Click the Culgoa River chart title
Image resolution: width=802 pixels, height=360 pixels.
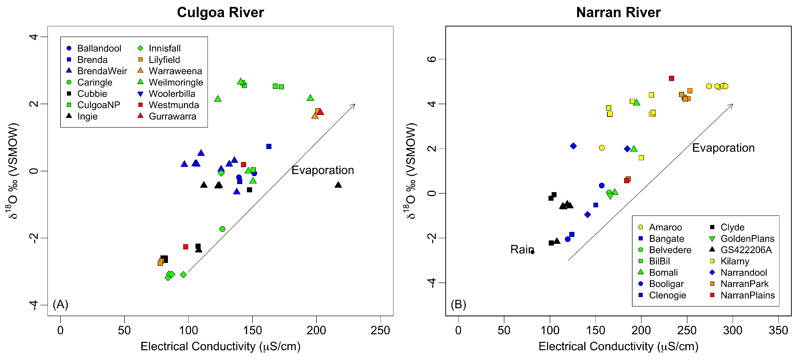tap(220, 13)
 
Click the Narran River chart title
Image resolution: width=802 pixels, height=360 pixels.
tap(618, 13)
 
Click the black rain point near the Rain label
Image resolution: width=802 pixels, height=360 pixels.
tap(532, 252)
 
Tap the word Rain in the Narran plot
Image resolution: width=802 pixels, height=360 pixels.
tap(522, 249)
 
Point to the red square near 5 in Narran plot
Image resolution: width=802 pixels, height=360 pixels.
tap(671, 78)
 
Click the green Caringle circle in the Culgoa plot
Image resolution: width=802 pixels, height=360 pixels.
tap(222, 229)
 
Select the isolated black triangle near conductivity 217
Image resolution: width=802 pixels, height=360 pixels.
tap(338, 185)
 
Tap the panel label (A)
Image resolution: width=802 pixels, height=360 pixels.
tap(61, 304)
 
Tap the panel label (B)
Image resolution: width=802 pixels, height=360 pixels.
tap(458, 304)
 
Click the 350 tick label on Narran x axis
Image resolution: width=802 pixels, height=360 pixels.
tap(778, 330)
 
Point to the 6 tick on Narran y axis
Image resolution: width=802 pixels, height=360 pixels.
tap(432, 59)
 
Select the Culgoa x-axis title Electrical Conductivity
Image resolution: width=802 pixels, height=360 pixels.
tap(220, 346)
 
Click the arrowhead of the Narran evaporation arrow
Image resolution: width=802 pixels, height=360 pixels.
tap(732, 105)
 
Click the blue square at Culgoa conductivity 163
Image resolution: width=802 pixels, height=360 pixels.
tap(269, 146)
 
